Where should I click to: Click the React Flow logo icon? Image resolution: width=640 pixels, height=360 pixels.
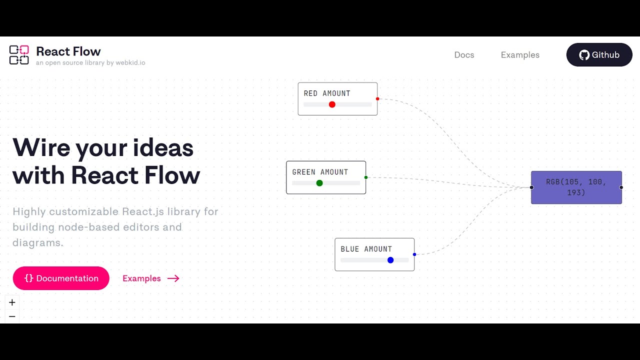point(19,55)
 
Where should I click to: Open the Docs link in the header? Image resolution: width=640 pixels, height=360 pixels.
point(464,55)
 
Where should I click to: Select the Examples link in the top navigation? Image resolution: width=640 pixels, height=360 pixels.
point(520,55)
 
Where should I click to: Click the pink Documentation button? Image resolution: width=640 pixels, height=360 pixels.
point(61,278)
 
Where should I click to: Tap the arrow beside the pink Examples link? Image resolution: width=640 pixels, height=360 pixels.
point(173,278)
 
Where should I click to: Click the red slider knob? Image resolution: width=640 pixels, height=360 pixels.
point(332,104)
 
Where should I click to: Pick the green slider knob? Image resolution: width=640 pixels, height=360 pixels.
point(319,183)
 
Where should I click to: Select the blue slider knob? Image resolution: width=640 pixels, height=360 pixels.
point(390,260)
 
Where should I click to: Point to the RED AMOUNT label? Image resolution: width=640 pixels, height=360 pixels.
point(327,93)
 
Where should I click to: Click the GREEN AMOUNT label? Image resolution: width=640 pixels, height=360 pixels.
point(320,172)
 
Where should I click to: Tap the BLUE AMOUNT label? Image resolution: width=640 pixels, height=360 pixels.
point(366,249)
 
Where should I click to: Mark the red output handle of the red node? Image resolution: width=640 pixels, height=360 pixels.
point(377,99)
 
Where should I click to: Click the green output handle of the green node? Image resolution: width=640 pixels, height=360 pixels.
point(366,177)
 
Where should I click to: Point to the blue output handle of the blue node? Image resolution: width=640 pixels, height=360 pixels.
point(414,254)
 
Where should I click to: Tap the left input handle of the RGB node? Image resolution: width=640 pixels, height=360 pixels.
point(531,187)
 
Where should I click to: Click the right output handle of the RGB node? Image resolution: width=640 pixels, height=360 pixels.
point(621,187)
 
